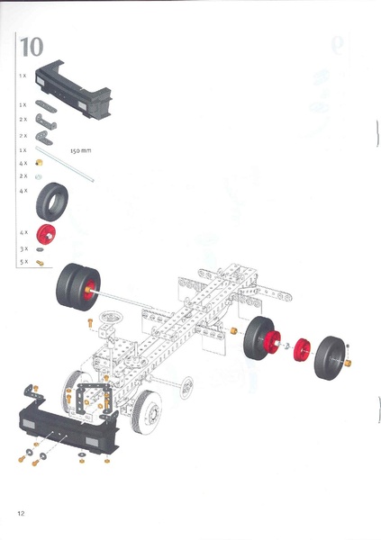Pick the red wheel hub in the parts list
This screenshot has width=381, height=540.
[x=50, y=237]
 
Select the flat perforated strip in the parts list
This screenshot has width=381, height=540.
[x=47, y=106]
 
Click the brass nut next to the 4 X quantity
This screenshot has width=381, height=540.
[x=39, y=164]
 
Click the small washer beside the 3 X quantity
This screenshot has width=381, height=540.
[x=39, y=248]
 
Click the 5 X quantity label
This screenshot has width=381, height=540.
[x=24, y=261]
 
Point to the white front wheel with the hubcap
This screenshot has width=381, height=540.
[x=144, y=413]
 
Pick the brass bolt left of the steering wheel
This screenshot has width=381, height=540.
[x=91, y=321]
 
